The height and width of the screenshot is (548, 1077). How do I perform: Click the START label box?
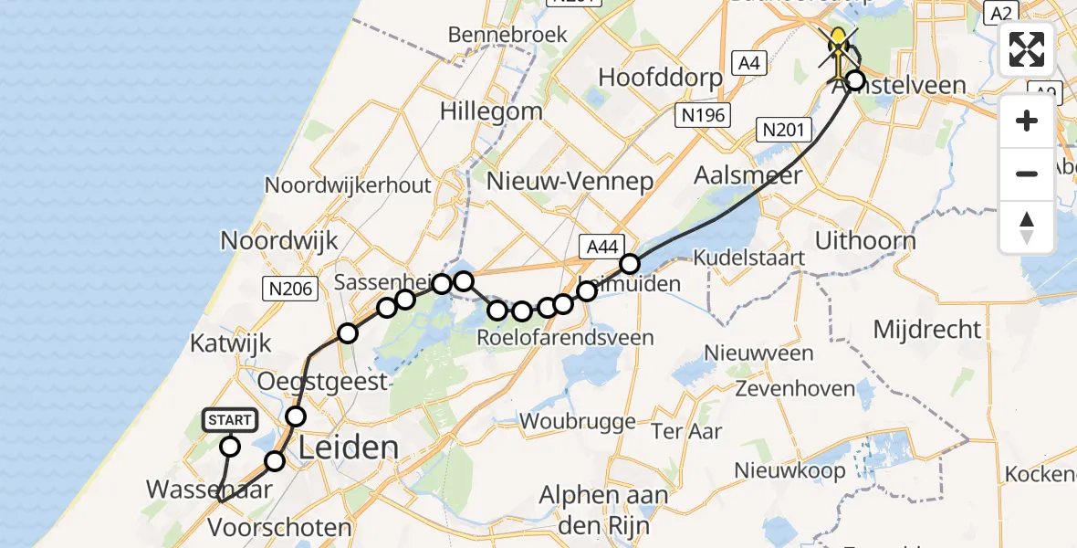point(230,420)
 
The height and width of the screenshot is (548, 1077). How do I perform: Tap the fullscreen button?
point(1027,49)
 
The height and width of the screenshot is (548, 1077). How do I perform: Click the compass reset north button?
point(1027,227)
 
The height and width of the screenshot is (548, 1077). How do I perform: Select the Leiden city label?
point(350,448)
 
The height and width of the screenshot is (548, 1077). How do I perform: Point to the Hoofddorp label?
point(660,77)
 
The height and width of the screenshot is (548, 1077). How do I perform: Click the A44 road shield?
point(602,246)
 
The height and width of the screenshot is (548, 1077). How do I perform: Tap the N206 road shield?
point(289,290)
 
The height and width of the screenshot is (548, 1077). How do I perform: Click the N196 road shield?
point(701,114)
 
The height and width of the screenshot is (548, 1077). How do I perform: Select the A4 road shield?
point(749,62)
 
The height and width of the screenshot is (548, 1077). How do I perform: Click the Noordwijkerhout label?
point(348,184)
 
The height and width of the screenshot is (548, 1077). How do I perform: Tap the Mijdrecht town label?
point(927,329)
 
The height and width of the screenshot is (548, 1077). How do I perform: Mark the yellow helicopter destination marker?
point(838,44)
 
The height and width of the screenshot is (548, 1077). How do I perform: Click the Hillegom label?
point(491,111)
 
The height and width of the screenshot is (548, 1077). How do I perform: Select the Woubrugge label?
point(578,421)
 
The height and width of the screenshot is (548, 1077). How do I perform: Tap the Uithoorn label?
point(865,242)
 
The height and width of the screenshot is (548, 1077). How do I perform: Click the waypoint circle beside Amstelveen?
point(855,80)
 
